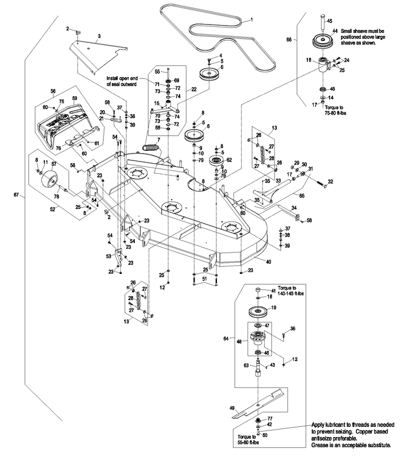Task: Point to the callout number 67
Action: pyautogui.click(x=15, y=196)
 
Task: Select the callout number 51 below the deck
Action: pyautogui.click(x=204, y=278)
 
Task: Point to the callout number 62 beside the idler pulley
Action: pyautogui.click(x=229, y=159)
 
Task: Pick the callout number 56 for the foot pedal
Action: pyautogui.click(x=53, y=91)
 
